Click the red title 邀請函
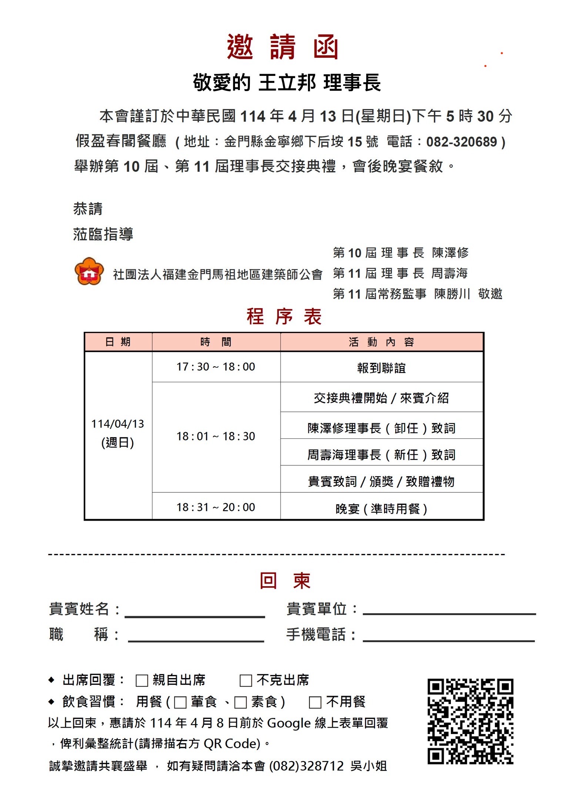pos(282,47)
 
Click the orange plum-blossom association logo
pos(89,271)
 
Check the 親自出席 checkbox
pos(142,680)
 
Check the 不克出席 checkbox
pos(246,680)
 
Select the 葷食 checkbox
pos(180,702)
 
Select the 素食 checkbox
pos(241,702)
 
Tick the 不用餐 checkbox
pos(315,702)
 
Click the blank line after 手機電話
pos(449,636)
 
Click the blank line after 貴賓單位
pos(449,609)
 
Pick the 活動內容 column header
pos(382,342)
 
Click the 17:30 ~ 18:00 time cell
pos(216,367)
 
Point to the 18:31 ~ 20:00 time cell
pos(216,507)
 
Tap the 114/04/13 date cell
pos(118,433)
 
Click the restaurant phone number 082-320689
pos(462,142)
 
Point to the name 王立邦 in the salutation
pos(287,83)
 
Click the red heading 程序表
pos(284,317)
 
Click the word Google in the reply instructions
pos(289,723)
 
